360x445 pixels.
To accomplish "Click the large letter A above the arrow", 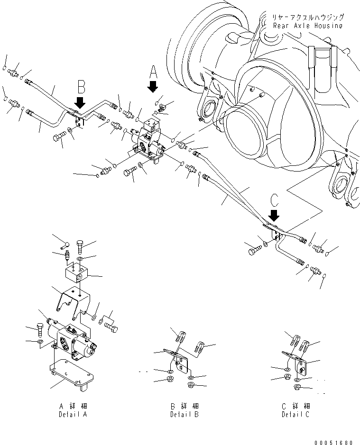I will (x=153, y=72).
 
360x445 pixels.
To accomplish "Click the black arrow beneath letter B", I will (x=80, y=102).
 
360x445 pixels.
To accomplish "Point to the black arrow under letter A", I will (x=153, y=87).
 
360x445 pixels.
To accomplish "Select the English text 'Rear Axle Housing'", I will (x=307, y=26).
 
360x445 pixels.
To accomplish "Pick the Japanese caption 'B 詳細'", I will (x=185, y=406).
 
